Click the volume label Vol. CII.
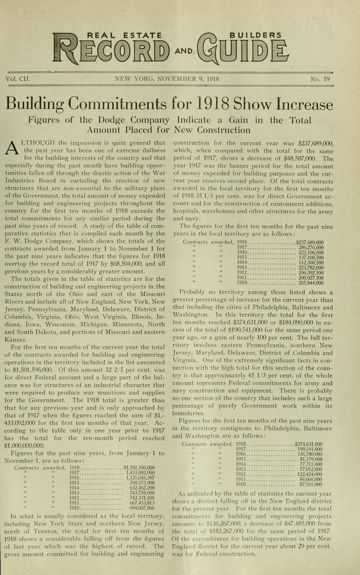18,79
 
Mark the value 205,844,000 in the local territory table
310,283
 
